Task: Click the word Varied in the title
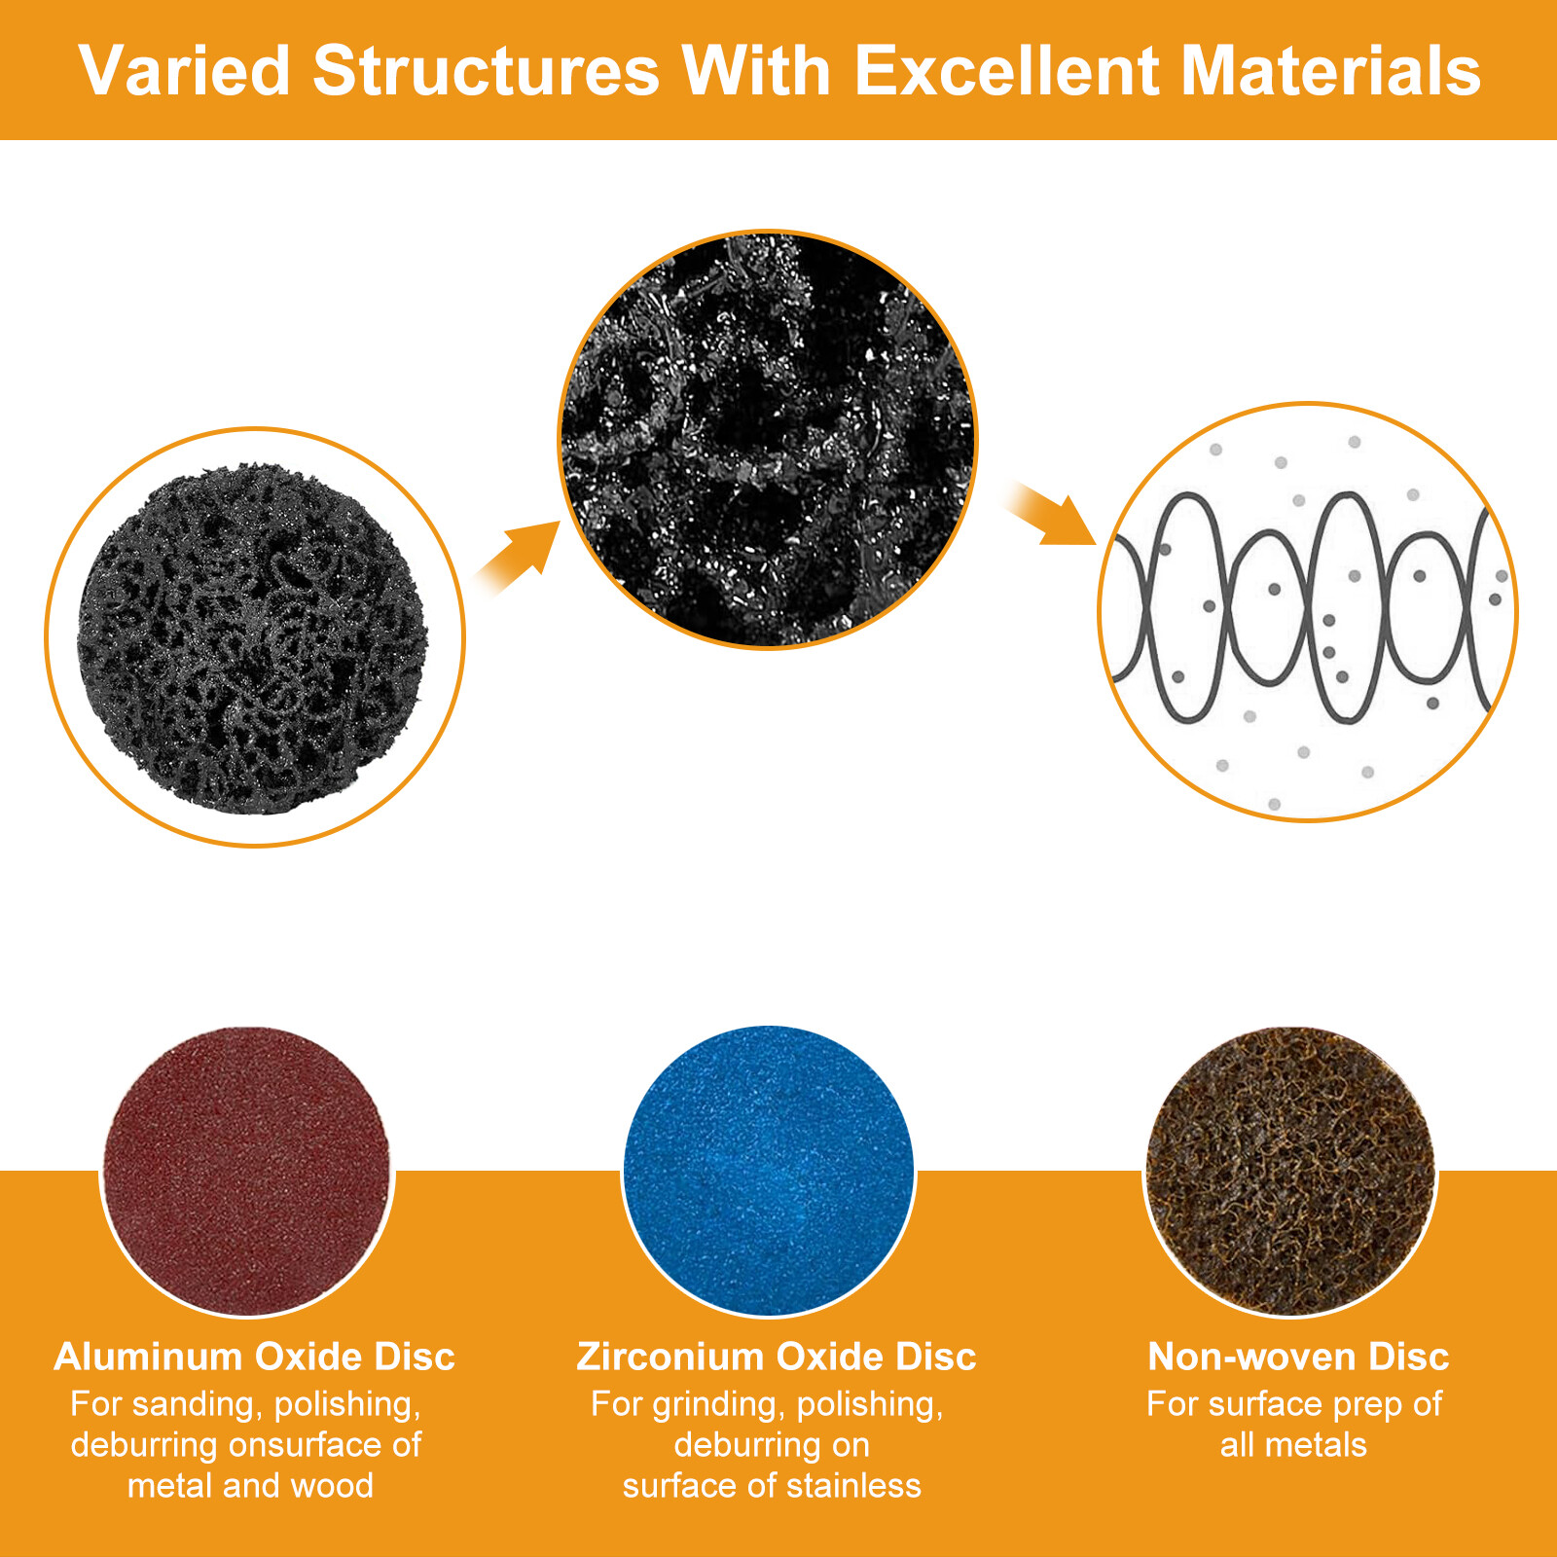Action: (185, 71)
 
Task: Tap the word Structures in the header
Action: (487, 71)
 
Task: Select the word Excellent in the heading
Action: (1006, 71)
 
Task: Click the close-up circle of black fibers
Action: (768, 439)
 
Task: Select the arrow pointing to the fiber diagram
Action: (1050, 513)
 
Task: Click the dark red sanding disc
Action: (247, 1171)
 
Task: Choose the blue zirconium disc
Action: (769, 1171)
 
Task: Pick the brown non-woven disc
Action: (1290, 1171)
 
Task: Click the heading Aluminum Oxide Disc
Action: (254, 1357)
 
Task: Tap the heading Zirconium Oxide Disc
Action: (776, 1357)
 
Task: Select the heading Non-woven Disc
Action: (1298, 1357)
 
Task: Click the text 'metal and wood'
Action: (250, 1486)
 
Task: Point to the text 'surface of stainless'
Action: (772, 1486)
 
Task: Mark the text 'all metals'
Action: (1293, 1445)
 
